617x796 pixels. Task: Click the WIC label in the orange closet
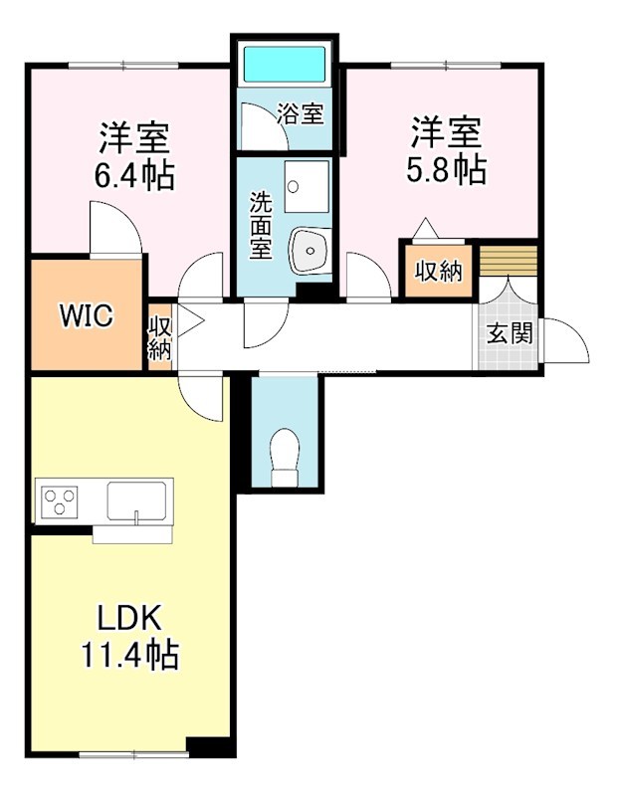coord(86,316)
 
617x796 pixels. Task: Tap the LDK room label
coord(129,618)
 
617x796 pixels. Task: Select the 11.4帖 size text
coord(129,655)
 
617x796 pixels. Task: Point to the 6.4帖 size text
coord(134,175)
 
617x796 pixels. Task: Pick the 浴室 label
coord(301,113)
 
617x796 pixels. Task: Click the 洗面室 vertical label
coord(260,225)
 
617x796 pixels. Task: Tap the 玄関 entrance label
coord(509,332)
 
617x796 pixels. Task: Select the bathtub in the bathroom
coord(286,65)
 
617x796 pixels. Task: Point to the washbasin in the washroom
coord(309,249)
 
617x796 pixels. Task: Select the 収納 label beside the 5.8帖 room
coord(439,270)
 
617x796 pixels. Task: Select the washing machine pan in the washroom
coord(306,185)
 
